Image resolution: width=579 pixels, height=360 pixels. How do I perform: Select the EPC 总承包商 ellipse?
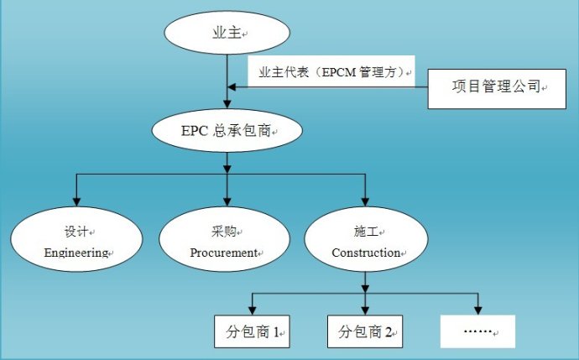227,130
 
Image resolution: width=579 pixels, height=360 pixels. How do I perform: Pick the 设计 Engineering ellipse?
78,240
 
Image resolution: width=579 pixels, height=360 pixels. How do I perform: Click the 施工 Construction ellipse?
365,240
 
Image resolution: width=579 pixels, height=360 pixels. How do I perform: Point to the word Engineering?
76,252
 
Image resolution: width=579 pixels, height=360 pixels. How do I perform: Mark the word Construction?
365,252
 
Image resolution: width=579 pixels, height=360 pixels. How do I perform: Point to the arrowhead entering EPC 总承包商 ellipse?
227,105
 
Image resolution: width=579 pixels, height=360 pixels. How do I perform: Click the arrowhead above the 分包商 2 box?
364,309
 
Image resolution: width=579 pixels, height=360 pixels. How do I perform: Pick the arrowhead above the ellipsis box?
477,309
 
